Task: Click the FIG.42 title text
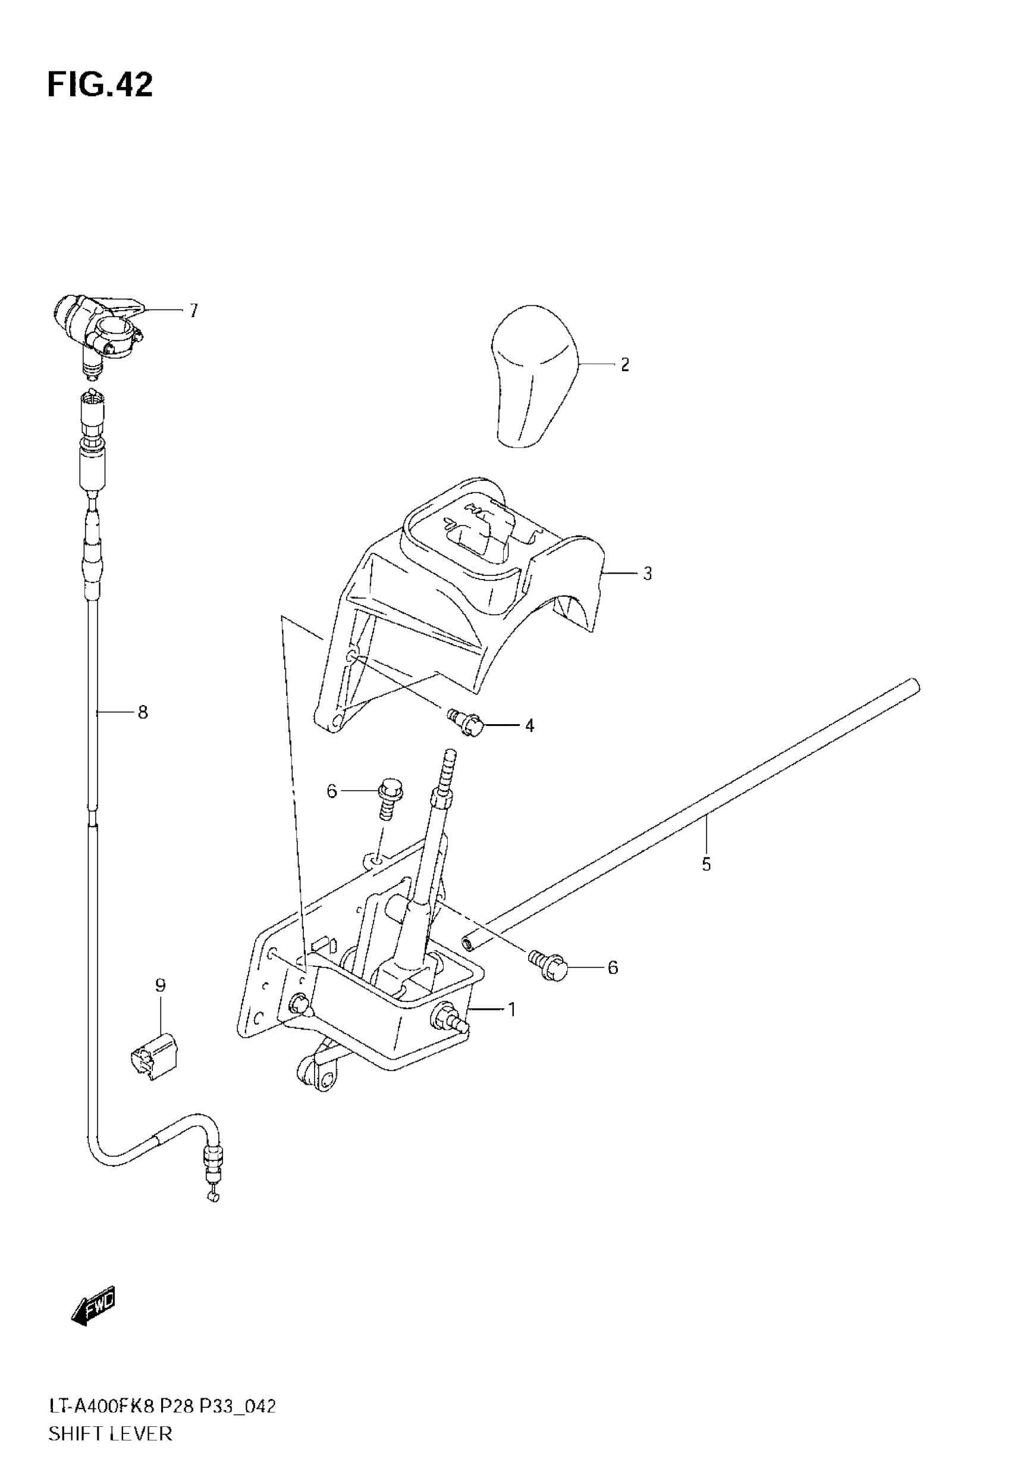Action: [x=100, y=85]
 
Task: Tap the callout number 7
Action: [x=193, y=311]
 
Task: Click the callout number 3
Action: [x=647, y=574]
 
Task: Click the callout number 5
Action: [x=707, y=864]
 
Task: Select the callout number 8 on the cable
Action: [x=143, y=713]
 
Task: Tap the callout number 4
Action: [x=529, y=725]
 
